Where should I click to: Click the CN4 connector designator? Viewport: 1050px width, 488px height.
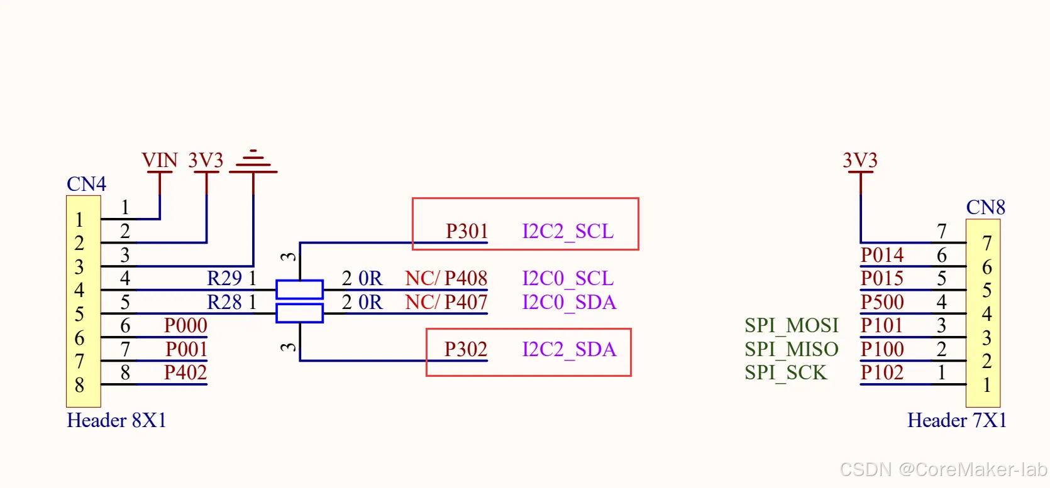pyautogui.click(x=86, y=184)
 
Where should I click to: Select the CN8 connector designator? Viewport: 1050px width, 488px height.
pyautogui.click(x=985, y=207)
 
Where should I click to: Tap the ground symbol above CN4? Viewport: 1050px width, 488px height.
pyautogui.click(x=253, y=161)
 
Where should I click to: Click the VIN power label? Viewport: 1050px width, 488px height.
pyautogui.click(x=160, y=161)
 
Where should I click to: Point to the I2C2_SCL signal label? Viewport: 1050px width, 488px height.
pyautogui.click(x=568, y=231)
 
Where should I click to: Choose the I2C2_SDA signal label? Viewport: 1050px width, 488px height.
pyautogui.click(x=569, y=349)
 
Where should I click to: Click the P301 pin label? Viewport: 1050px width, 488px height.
pyautogui.click(x=467, y=231)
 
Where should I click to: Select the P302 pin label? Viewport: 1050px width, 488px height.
pyautogui.click(x=465, y=349)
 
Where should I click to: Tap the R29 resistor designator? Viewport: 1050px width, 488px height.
pyautogui.click(x=224, y=278)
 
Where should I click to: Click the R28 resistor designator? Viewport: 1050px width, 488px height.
pyautogui.click(x=224, y=302)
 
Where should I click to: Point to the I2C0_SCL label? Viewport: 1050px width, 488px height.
pyautogui.click(x=568, y=278)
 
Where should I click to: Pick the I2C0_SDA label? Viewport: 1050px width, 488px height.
pyautogui.click(x=569, y=302)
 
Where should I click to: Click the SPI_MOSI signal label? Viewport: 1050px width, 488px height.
pyautogui.click(x=792, y=325)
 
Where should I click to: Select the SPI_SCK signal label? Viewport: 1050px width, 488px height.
pyautogui.click(x=785, y=372)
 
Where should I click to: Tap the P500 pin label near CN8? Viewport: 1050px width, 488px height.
pyautogui.click(x=882, y=302)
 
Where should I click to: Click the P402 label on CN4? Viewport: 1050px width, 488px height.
pyautogui.click(x=185, y=372)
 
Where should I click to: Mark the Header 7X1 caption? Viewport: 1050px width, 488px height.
pyautogui.click(x=956, y=420)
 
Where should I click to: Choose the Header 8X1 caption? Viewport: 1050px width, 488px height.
pyautogui.click(x=116, y=420)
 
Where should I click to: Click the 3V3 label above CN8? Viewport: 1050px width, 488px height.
pyautogui.click(x=859, y=161)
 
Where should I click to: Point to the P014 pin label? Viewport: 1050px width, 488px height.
pyautogui.click(x=882, y=255)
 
